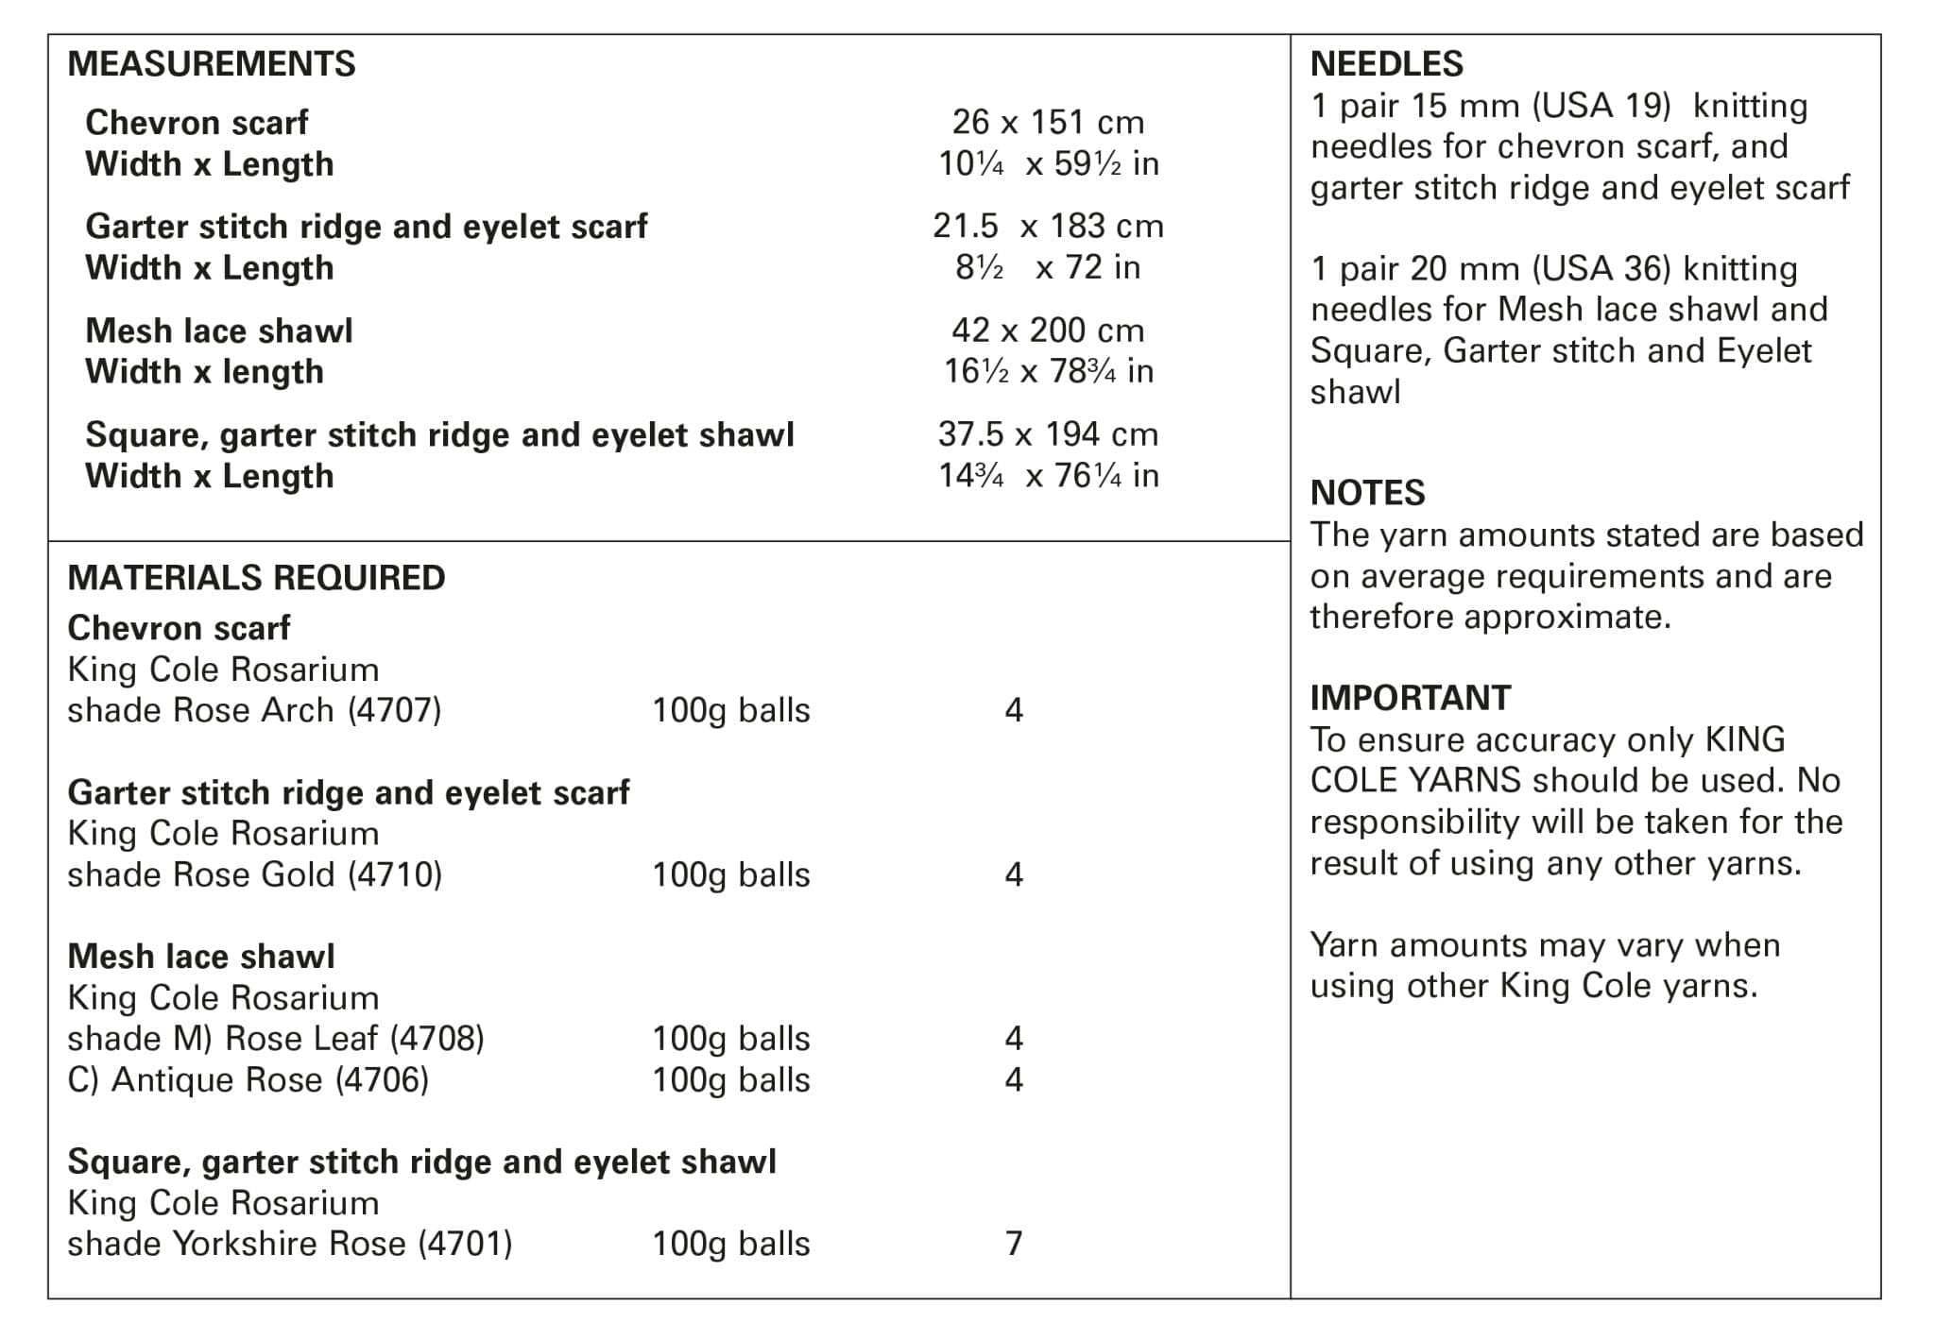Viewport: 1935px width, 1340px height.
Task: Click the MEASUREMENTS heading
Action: tap(212, 64)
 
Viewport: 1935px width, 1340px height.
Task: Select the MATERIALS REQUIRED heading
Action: tap(256, 578)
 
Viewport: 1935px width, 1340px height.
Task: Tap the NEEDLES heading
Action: tap(1386, 64)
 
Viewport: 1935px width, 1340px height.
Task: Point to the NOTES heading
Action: tap(1367, 493)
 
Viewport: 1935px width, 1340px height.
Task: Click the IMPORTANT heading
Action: tap(1410, 698)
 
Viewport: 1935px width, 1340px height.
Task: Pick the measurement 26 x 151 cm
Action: tap(1048, 122)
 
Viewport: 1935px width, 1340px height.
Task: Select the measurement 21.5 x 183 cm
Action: tap(1048, 226)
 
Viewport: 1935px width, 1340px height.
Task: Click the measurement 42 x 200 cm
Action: tap(1048, 330)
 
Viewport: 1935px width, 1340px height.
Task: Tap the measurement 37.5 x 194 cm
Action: tap(1048, 434)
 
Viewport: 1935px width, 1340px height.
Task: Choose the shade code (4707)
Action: tap(394, 710)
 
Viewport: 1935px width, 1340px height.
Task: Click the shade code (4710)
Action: tap(395, 874)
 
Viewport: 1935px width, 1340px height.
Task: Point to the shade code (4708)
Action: tap(437, 1039)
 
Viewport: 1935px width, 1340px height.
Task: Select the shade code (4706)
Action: tap(382, 1079)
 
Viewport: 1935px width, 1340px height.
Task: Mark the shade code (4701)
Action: tap(465, 1244)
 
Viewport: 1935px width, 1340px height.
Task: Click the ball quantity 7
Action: tap(1014, 1244)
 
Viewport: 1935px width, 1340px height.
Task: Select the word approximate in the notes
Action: tap(1567, 618)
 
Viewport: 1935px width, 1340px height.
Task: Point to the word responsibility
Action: tap(1414, 823)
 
